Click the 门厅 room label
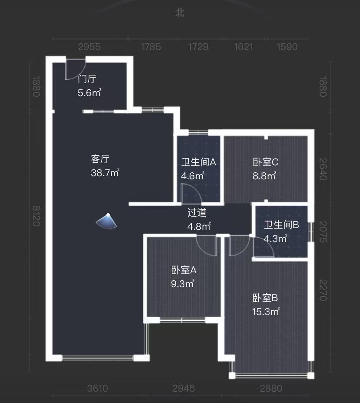87,79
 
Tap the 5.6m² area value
89,93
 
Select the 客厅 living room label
100,159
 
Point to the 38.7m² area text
105,173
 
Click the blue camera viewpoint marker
107,221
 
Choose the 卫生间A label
199,162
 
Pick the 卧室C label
266,162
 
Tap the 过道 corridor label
197,213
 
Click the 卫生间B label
282,225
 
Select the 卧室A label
183,270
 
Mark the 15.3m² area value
266,312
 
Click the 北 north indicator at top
180,13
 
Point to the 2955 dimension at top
89,47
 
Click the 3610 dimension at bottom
97,388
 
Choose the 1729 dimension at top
198,47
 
